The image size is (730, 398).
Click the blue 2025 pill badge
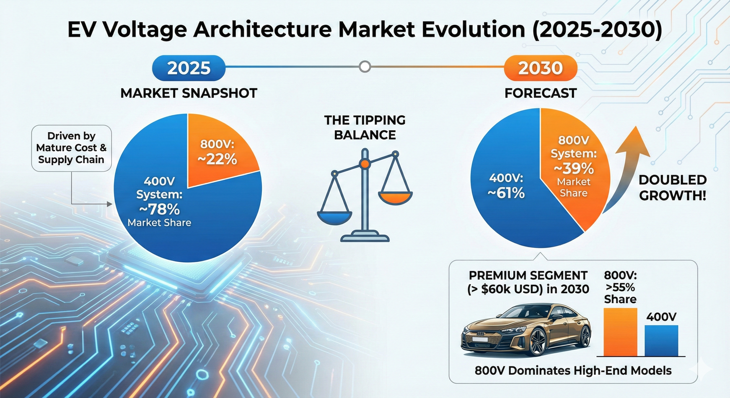[189, 68]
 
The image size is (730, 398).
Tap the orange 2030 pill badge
[541, 68]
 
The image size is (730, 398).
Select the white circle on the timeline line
[364, 67]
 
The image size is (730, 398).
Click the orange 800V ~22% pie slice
[218, 153]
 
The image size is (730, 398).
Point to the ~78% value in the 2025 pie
[159, 210]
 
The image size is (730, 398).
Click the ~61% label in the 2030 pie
[506, 193]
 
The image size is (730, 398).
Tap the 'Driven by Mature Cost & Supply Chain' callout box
[71, 148]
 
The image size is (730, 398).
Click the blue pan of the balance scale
[335, 217]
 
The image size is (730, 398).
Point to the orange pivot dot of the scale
[365, 164]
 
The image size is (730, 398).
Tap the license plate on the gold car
[480, 339]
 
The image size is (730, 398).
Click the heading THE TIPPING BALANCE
[365, 127]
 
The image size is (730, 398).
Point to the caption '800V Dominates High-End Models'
[573, 371]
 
